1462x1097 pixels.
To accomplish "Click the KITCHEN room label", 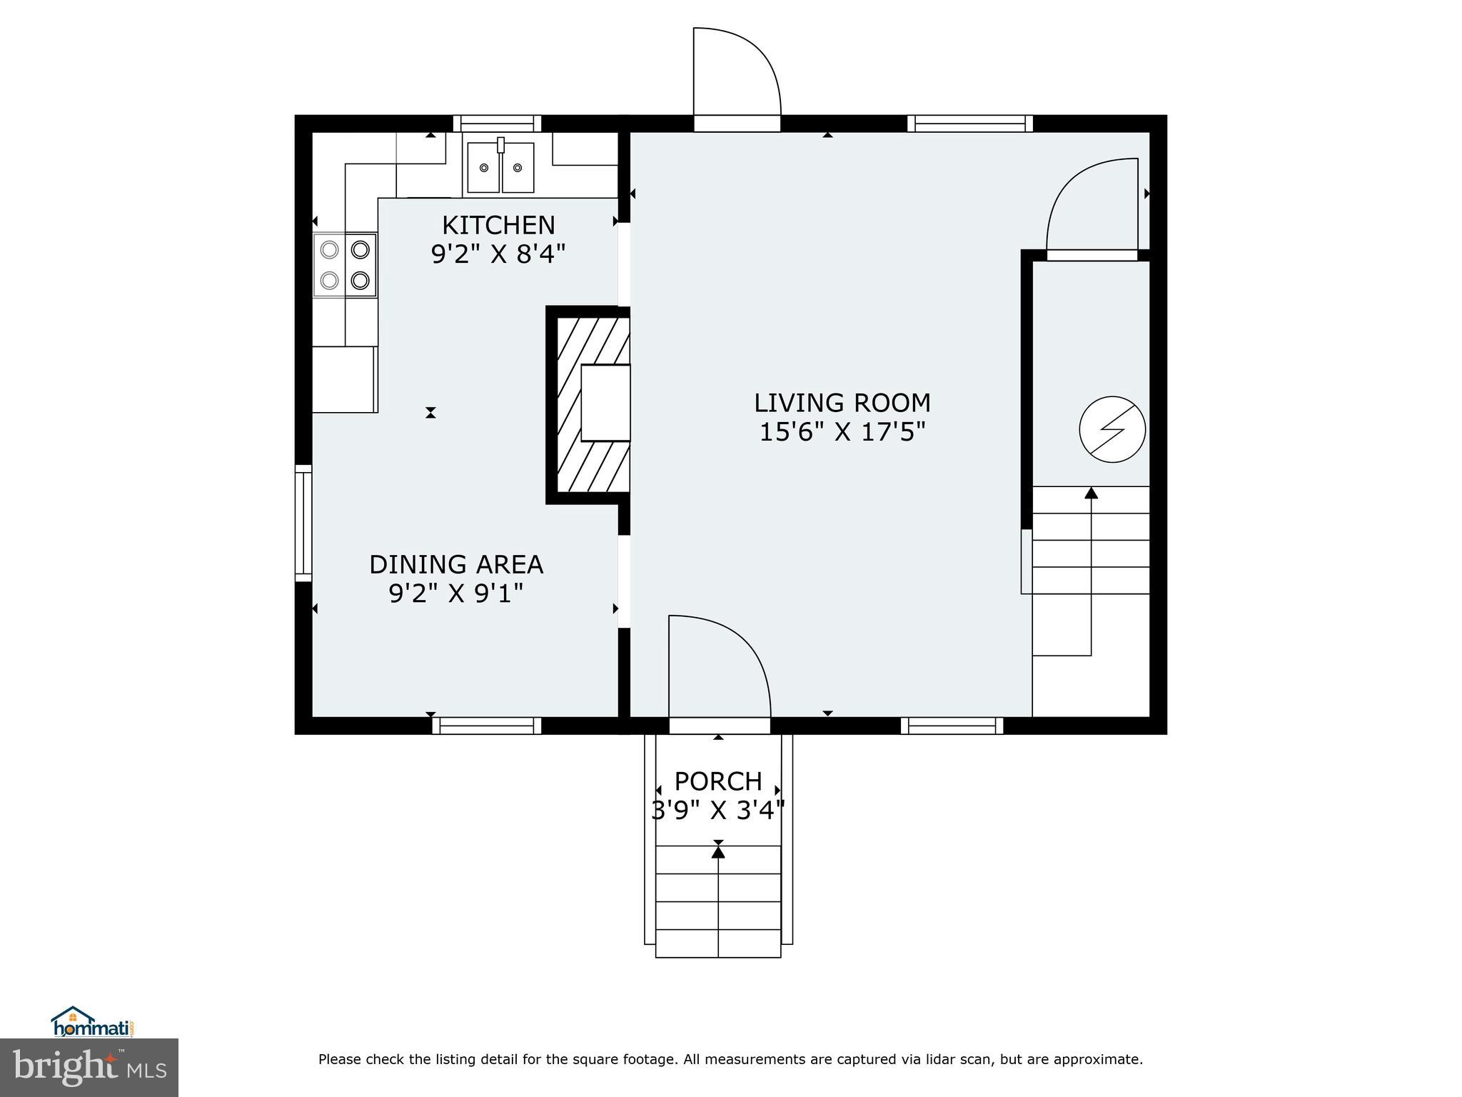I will [498, 226].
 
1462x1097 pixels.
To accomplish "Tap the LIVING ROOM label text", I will [842, 404].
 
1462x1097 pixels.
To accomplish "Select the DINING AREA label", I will [456, 565].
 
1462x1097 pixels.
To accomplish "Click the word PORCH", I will [718, 781].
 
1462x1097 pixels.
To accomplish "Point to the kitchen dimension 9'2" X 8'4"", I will [498, 254].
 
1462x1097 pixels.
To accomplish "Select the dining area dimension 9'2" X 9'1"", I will [456, 593].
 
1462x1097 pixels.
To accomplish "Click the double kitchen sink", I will [500, 167].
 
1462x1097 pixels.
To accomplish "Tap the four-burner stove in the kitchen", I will [345, 265].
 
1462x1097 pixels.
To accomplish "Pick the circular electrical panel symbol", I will [1112, 430].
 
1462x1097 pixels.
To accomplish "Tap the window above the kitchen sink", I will [498, 124].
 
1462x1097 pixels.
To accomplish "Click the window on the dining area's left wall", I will [304, 523].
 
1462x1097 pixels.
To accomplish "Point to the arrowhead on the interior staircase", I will [1091, 492].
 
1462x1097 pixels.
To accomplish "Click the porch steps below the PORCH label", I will [718, 901].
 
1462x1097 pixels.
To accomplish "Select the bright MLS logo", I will [89, 1067].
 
